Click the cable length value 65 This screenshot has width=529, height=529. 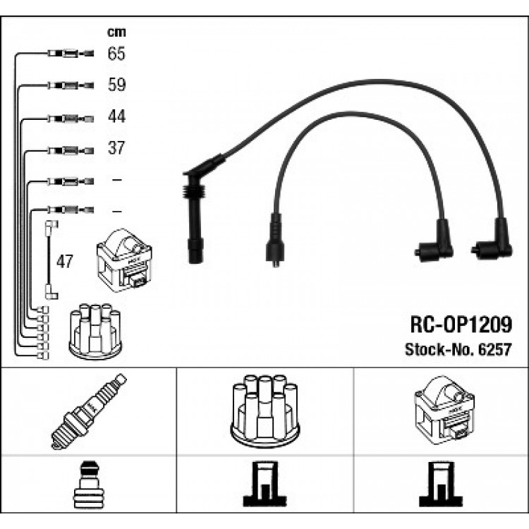(x=116, y=54)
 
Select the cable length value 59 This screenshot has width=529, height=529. (x=116, y=85)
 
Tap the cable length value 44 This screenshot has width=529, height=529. (x=116, y=116)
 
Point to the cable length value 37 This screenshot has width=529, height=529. (x=116, y=148)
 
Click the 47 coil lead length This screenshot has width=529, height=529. (x=64, y=261)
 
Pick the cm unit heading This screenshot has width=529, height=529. (x=116, y=32)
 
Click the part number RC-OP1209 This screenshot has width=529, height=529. (x=461, y=324)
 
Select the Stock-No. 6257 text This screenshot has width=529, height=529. (x=458, y=349)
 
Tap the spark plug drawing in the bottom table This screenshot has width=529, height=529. (x=89, y=412)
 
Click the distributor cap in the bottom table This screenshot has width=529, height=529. (x=264, y=411)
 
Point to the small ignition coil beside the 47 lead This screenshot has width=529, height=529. (x=124, y=261)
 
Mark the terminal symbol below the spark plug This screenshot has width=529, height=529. (x=89, y=485)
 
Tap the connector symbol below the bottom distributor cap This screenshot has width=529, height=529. (x=264, y=485)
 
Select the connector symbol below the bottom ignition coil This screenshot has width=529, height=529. (x=441, y=485)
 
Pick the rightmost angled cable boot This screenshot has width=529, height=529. (x=492, y=240)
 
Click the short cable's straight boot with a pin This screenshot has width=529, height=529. (x=276, y=241)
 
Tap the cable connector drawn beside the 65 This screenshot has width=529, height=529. (x=71, y=54)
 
